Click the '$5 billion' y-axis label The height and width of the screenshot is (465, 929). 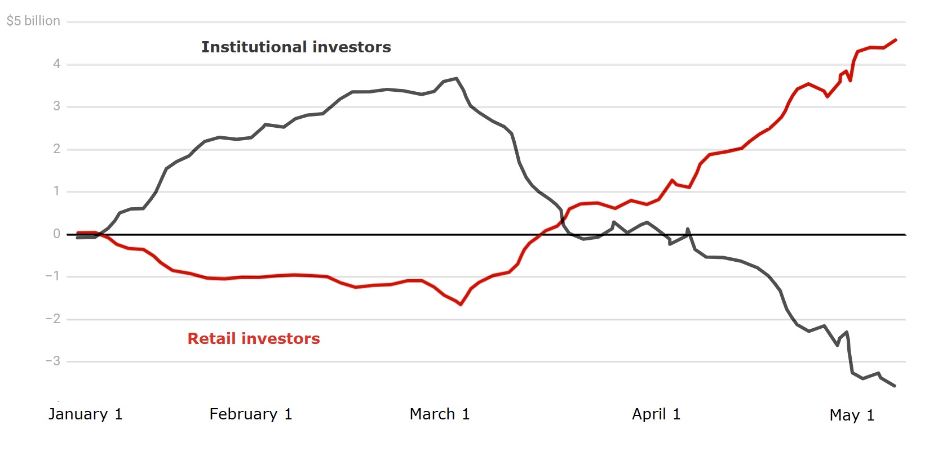click(x=33, y=21)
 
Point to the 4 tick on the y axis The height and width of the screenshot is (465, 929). click(x=56, y=64)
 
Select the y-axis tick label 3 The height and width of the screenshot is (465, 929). click(x=56, y=106)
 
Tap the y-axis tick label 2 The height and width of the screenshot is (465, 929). click(x=56, y=149)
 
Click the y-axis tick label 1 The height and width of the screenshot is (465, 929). click(x=56, y=191)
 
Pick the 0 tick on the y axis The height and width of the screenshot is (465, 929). click(x=56, y=234)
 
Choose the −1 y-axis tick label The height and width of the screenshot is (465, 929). click(x=53, y=276)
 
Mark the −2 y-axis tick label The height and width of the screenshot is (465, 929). click(x=53, y=319)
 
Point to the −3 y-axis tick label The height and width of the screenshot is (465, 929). click(x=53, y=361)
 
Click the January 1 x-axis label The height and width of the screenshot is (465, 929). click(x=85, y=414)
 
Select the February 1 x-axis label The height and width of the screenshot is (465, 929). click(x=250, y=414)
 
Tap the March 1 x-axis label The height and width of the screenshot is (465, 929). click(x=439, y=414)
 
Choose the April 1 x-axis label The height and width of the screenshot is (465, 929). click(x=656, y=414)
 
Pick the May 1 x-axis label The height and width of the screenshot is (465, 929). click(x=852, y=415)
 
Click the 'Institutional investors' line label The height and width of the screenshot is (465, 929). click(x=296, y=47)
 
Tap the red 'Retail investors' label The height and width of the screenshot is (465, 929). click(x=254, y=338)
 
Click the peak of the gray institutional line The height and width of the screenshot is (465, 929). click(x=456, y=79)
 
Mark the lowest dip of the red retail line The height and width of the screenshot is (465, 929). click(x=461, y=305)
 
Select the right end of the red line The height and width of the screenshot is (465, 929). click(x=896, y=40)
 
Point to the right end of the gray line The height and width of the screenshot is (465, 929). click(x=895, y=386)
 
